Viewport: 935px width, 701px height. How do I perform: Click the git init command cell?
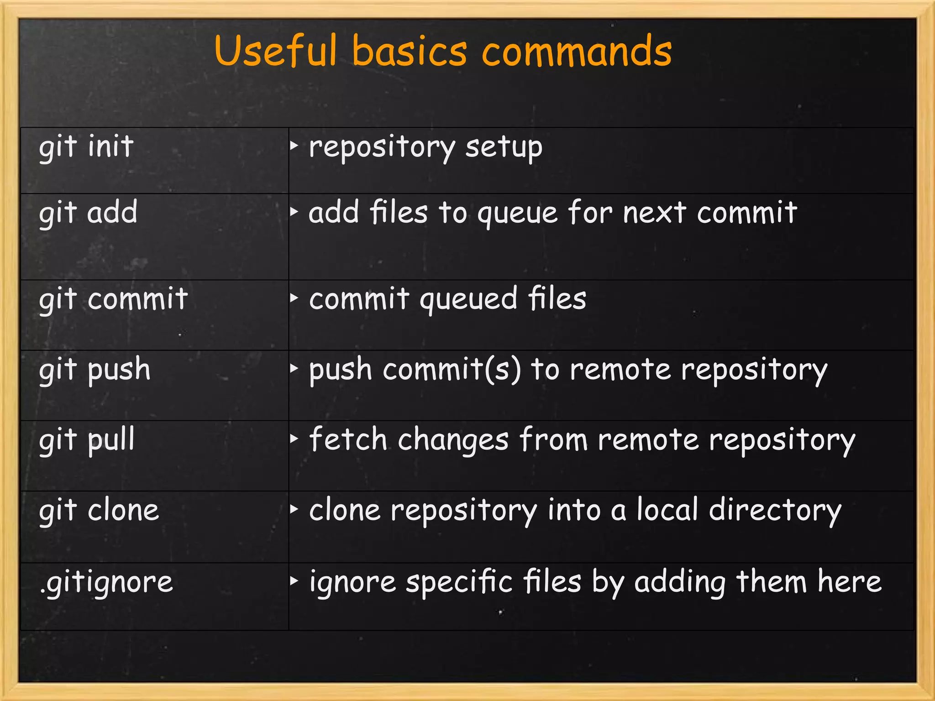pos(86,147)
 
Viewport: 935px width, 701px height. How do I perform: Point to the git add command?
pos(88,213)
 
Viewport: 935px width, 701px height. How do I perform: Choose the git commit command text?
pos(113,299)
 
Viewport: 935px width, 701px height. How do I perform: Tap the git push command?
pos(95,370)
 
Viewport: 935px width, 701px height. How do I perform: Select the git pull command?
pos(87,440)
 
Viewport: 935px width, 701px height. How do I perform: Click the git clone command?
pos(99,510)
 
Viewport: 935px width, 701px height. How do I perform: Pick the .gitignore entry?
pos(106,582)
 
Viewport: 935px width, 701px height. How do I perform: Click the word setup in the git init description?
pos(504,147)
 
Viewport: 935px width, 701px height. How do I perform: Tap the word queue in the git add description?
pos(517,214)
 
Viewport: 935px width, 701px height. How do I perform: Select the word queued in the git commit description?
pos(468,300)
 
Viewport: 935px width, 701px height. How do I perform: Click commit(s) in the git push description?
pos(452,369)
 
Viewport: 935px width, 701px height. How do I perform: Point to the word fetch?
pos(348,439)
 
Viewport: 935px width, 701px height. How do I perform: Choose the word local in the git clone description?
pos(667,510)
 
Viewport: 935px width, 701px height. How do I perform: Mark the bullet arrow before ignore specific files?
pos(294,581)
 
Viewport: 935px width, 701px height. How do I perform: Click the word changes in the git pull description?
pos(453,440)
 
